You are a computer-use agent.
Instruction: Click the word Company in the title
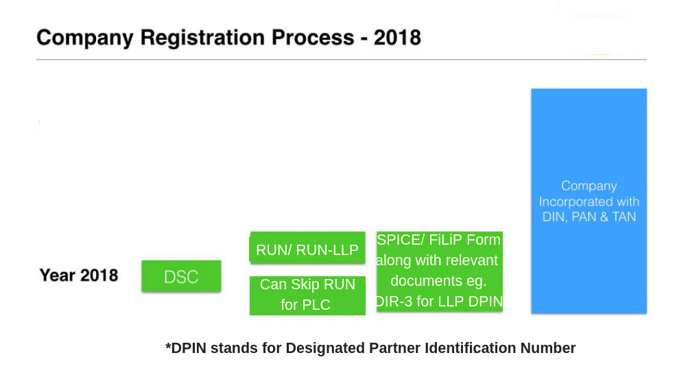(x=84, y=38)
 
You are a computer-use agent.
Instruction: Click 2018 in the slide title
(x=397, y=38)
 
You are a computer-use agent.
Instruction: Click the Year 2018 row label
(x=79, y=276)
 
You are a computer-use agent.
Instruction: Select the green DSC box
(x=181, y=277)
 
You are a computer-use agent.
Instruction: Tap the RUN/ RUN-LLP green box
(x=307, y=250)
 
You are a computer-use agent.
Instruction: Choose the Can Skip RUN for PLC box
(x=307, y=294)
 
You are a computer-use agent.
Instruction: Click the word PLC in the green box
(x=316, y=305)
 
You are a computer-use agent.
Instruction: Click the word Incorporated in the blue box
(x=575, y=202)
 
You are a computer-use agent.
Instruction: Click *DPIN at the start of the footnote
(x=186, y=348)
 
